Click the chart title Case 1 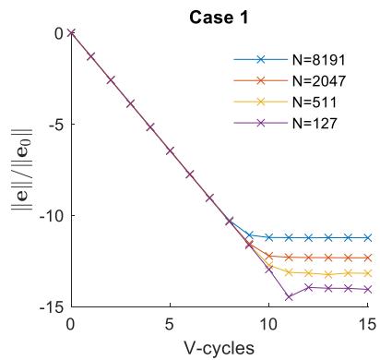(x=219, y=18)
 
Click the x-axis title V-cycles (x=220, y=348)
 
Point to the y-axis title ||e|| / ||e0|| (x=22, y=169)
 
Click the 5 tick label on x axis (x=170, y=324)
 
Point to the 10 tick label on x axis (x=269, y=324)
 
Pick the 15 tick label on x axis (x=367, y=324)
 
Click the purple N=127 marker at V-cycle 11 (x=289, y=297)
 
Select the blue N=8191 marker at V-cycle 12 (x=308, y=237)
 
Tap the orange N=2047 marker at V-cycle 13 (x=328, y=258)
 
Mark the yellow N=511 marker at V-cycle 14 (x=348, y=272)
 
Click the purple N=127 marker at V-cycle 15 (x=368, y=290)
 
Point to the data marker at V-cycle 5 (x=170, y=150)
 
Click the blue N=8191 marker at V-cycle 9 (x=249, y=235)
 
